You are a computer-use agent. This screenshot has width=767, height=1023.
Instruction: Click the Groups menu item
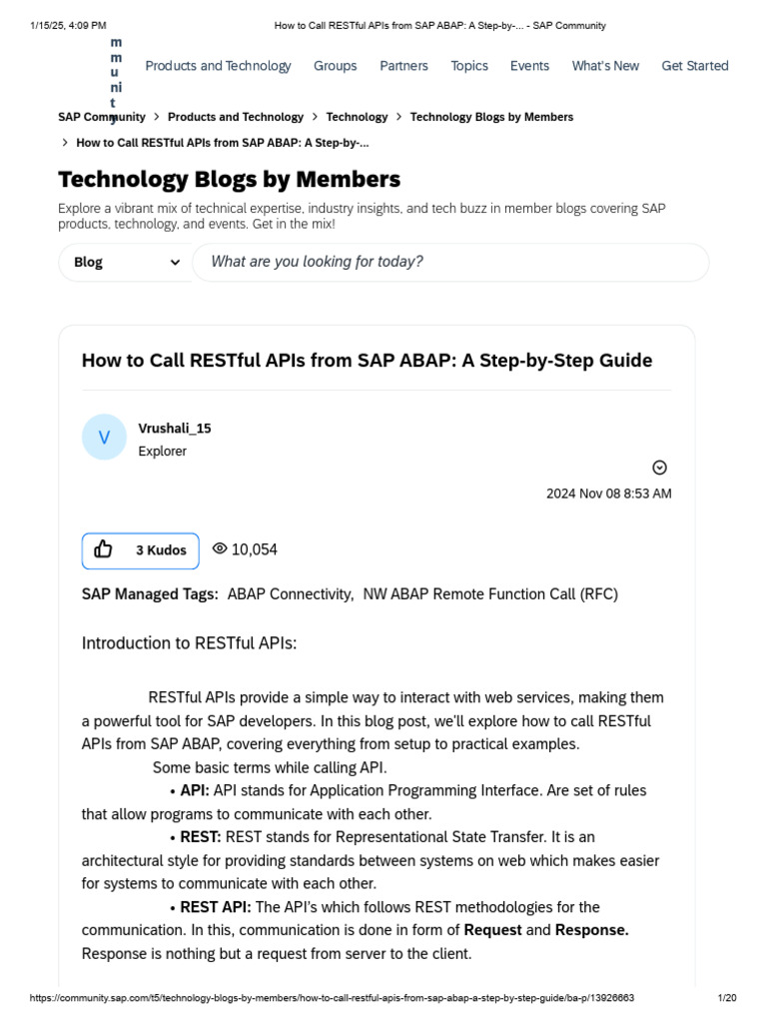tap(335, 66)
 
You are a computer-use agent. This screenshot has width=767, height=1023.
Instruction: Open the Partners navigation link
tap(403, 66)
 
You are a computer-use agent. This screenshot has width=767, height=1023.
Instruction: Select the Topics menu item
tap(469, 66)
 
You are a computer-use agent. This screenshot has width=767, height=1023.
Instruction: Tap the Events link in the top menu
tap(529, 66)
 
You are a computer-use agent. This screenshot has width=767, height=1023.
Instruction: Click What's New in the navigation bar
tap(605, 66)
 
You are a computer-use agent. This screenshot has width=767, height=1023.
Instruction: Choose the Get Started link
tap(695, 66)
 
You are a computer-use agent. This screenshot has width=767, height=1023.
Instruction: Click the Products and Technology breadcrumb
tap(236, 117)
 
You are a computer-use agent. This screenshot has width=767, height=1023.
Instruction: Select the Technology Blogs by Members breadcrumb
tap(491, 117)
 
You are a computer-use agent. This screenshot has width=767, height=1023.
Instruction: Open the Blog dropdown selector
tap(126, 262)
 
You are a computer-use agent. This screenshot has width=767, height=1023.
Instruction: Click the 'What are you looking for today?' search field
tap(449, 262)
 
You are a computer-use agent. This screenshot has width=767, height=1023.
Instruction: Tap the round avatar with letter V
tap(104, 438)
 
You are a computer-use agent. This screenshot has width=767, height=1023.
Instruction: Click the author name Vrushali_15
tap(175, 429)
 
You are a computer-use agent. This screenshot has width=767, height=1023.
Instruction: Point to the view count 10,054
tap(254, 549)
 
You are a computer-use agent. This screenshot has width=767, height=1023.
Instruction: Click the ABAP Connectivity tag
tap(290, 594)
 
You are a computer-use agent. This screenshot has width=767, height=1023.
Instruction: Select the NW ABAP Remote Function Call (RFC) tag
tap(490, 594)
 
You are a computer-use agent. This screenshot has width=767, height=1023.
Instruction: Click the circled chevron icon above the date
tap(659, 468)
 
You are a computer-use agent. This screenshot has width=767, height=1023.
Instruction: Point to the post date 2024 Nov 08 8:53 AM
tap(608, 494)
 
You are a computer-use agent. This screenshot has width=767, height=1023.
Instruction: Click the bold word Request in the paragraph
tap(492, 930)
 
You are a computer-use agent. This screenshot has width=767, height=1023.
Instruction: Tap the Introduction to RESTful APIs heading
tap(189, 643)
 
